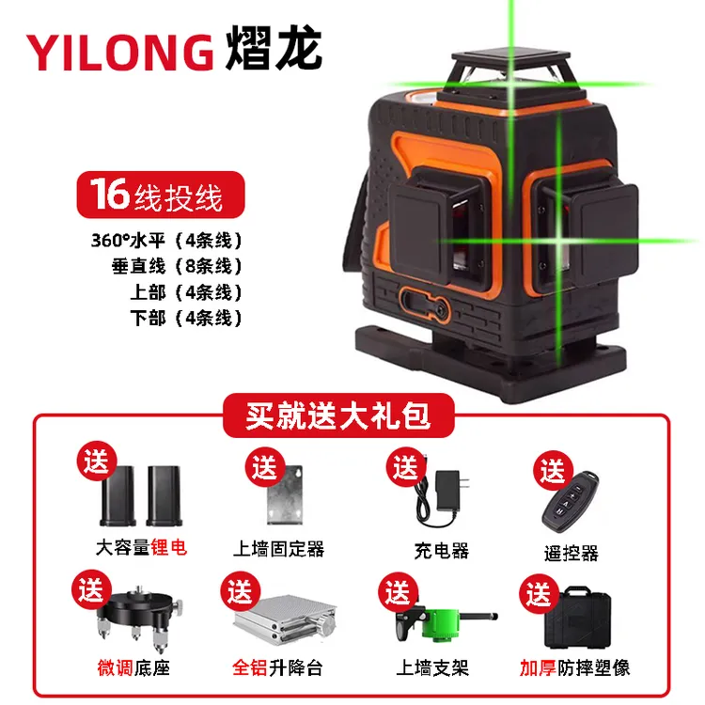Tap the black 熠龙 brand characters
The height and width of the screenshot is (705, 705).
274,50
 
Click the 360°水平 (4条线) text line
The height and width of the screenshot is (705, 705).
167,239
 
